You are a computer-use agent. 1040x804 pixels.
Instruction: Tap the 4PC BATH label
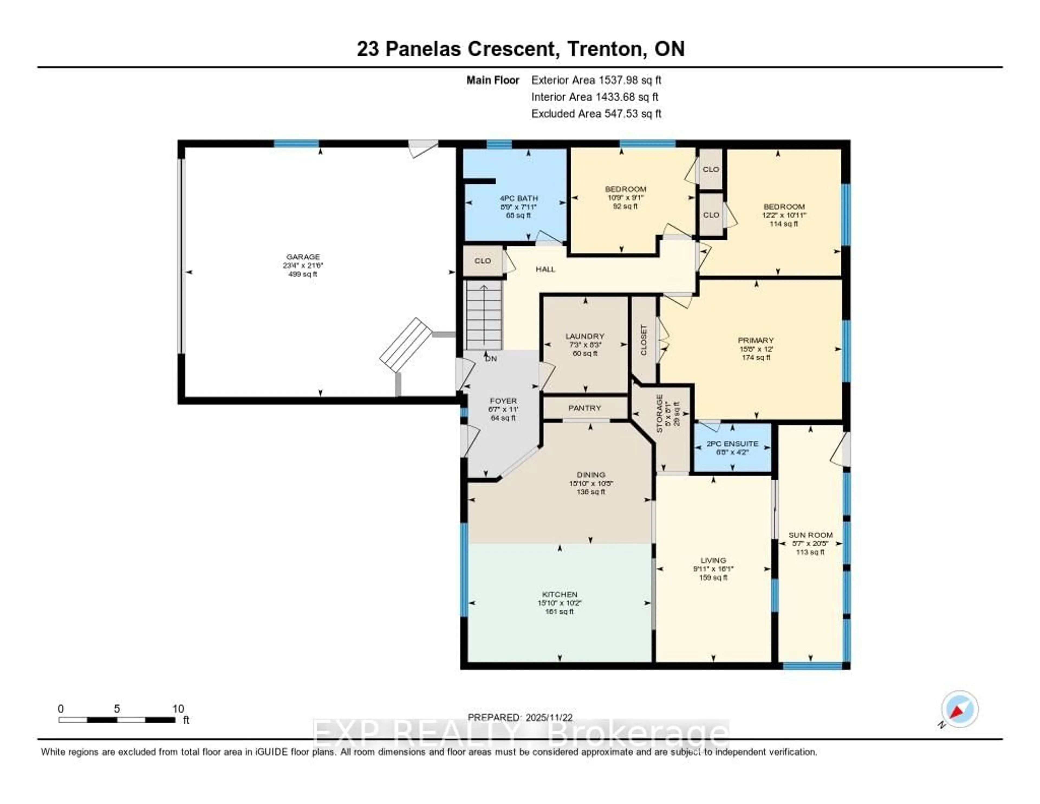click(x=519, y=198)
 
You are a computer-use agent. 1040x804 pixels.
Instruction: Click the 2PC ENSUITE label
click(x=732, y=444)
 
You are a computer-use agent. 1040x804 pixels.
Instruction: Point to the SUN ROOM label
click(x=811, y=535)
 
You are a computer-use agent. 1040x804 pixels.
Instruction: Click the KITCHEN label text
click(x=560, y=594)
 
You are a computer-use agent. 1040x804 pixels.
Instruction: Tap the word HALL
click(x=545, y=269)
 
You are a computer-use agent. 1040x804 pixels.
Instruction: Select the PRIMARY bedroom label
click(x=756, y=340)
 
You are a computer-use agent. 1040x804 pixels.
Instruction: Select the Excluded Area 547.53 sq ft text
click(x=596, y=113)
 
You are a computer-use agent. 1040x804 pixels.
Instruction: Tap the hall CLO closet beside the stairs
click(x=482, y=261)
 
